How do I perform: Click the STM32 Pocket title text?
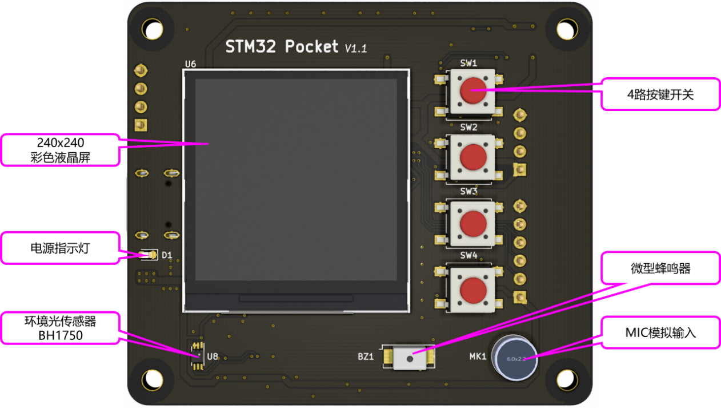282,46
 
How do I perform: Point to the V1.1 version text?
355,49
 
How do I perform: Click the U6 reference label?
191,64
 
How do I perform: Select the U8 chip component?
197,356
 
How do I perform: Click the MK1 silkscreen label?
478,356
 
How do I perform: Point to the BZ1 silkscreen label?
366,356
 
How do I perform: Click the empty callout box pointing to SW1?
660,94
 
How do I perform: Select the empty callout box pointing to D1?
61,247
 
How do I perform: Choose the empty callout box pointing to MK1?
660,332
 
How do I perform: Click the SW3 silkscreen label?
468,191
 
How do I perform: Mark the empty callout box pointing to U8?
61,328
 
